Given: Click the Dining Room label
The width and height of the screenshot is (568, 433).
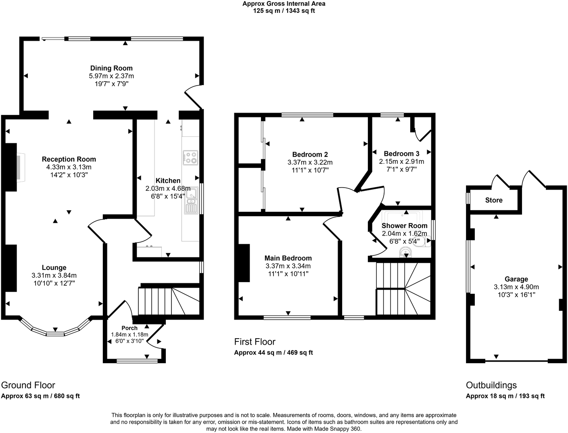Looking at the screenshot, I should (111, 68).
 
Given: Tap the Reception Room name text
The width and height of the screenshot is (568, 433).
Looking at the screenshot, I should (69, 159).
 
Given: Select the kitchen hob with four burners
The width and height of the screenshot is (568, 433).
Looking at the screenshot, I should (190, 158).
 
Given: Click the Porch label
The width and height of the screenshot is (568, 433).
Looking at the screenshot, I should (129, 328).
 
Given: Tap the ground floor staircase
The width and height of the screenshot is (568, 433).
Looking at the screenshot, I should (169, 301).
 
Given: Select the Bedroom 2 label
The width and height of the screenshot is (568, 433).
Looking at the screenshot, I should (310, 155).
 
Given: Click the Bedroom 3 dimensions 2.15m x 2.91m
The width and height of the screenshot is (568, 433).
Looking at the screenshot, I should (401, 161).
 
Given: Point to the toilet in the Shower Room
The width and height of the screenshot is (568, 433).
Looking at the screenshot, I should (426, 242).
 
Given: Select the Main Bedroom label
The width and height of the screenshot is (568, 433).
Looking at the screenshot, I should (288, 258).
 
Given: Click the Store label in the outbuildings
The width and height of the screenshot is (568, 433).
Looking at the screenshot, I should (494, 200).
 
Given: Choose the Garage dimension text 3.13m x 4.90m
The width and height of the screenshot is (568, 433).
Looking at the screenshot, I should (516, 287).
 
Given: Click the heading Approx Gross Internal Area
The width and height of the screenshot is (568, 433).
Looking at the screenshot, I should (284, 4).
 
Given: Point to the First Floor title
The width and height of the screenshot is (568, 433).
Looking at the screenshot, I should (255, 342).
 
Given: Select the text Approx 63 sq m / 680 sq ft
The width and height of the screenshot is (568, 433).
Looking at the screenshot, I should (41, 396).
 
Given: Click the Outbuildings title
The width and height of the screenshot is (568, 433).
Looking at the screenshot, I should (491, 385).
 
